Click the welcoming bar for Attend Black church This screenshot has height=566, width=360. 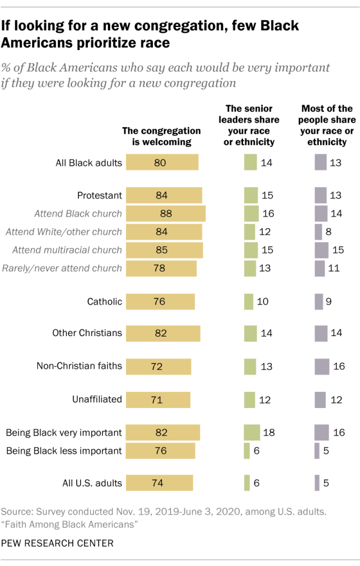click(x=165, y=214)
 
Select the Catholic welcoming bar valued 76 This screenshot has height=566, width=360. click(x=160, y=301)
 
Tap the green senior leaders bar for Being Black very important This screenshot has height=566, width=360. click(x=251, y=433)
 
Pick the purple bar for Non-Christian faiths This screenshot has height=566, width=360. click(x=322, y=366)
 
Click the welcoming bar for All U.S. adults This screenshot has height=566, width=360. click(x=159, y=483)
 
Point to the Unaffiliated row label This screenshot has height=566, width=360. click(x=97, y=399)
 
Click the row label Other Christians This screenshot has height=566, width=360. click(x=87, y=333)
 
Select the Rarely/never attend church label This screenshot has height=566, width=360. click(x=62, y=268)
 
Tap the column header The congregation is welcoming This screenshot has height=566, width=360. click(x=161, y=137)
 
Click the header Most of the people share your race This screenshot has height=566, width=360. click(x=327, y=125)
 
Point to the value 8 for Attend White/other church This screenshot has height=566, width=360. click(x=327, y=232)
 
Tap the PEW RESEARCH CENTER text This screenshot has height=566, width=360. click(x=57, y=544)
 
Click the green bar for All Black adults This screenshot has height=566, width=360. click(x=250, y=163)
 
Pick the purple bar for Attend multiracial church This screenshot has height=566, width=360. click(x=321, y=250)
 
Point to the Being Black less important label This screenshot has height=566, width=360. click(x=64, y=450)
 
